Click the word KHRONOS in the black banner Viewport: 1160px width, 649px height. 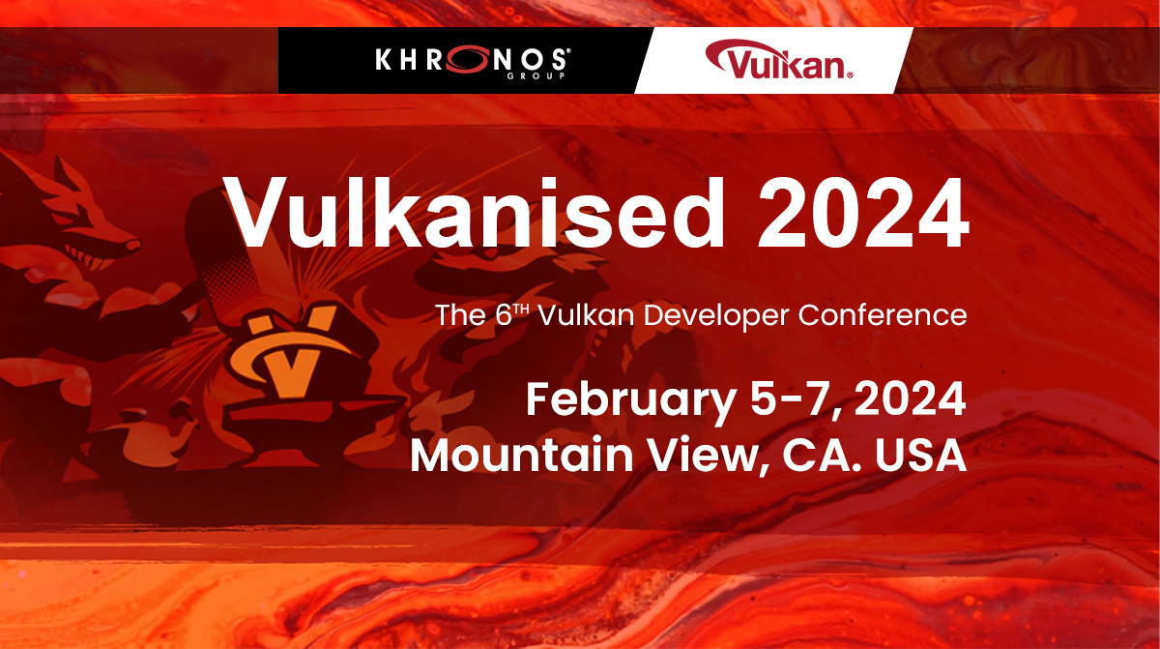[472, 61]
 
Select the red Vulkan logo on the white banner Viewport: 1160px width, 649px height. [778, 61]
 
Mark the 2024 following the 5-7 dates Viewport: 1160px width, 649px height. [911, 399]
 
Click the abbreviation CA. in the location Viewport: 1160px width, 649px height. [829, 455]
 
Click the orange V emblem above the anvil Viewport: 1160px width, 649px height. [289, 354]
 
